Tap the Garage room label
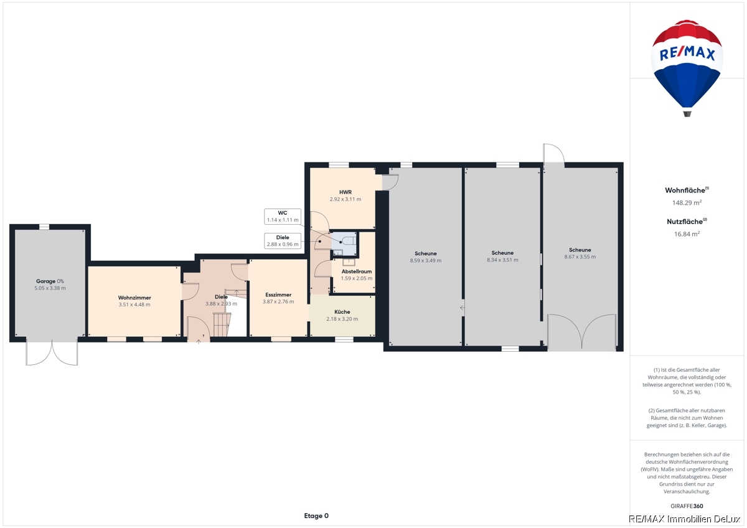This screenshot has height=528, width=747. coord(45,281)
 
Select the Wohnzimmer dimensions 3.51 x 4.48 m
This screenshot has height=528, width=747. coord(134,304)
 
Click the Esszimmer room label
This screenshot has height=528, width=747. coord(278,295)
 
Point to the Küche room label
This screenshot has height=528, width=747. coord(342,312)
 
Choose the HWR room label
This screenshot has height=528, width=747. coord(345,192)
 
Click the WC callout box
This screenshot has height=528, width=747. coord(283,217)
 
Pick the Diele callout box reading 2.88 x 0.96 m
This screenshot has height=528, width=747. coord(283,241)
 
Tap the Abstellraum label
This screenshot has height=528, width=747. coord(357,271)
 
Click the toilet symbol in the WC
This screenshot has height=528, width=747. coord(349,240)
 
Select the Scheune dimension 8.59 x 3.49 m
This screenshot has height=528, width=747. coord(426,260)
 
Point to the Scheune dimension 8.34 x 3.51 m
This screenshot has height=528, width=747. coord(502,260)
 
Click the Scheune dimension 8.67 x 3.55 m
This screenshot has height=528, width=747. coord(580,257)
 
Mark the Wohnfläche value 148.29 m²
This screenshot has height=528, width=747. coord(687,203)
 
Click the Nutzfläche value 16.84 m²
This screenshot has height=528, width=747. coord(687,234)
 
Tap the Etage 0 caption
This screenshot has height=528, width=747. coord(316,516)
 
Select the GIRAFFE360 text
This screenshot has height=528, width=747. coord(687,506)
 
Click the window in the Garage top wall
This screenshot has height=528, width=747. coord(44,227)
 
